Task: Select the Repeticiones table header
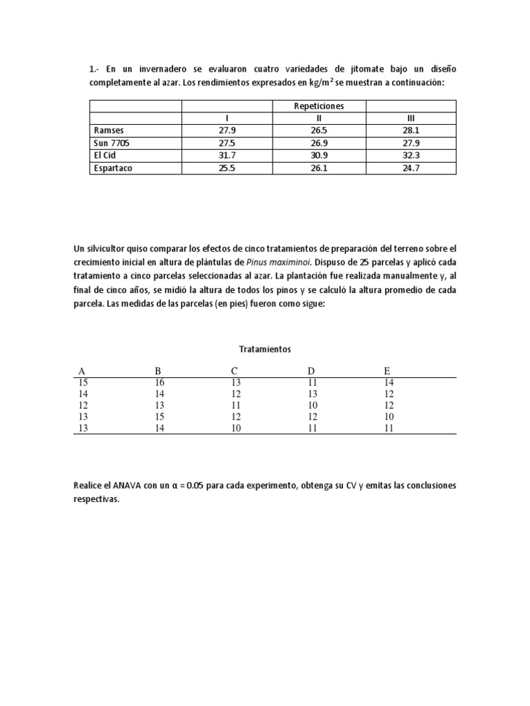319,106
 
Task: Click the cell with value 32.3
411,155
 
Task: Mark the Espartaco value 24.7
411,168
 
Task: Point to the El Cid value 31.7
227,155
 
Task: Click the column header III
411,118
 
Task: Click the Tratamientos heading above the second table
265,350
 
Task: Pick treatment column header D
311,371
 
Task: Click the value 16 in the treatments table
160,382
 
